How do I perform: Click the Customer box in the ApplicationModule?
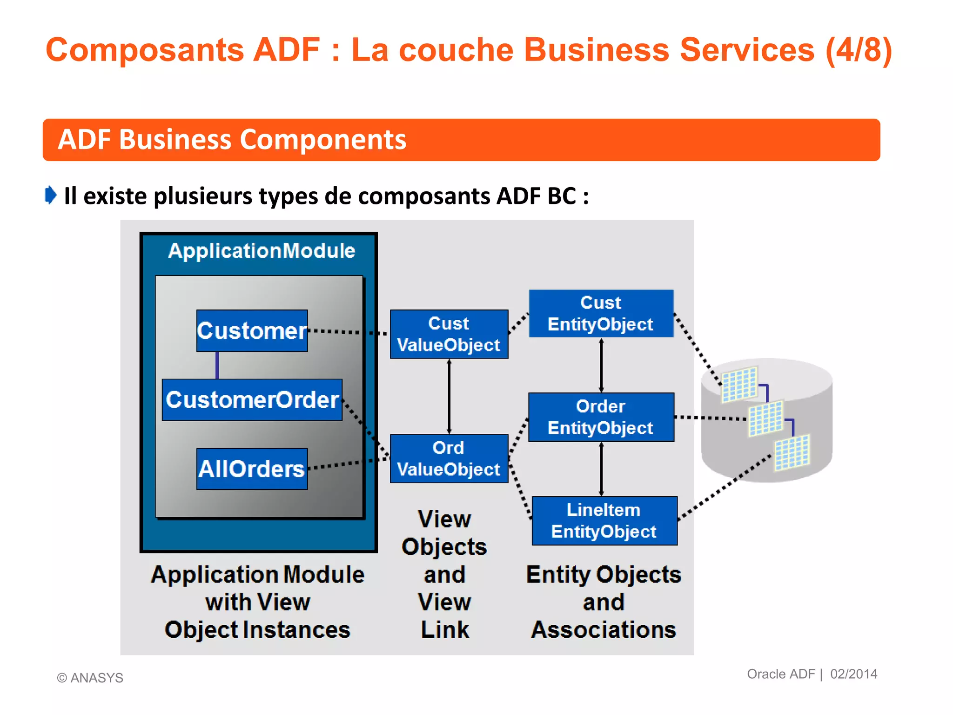(x=252, y=331)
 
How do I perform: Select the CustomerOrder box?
(x=252, y=400)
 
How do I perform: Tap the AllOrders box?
(x=252, y=469)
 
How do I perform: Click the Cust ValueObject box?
(x=449, y=334)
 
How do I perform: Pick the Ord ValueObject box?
(x=449, y=459)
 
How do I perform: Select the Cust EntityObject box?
(x=601, y=313)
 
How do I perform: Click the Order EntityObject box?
(x=601, y=417)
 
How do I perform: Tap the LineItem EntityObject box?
(x=604, y=521)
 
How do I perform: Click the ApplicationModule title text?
(x=262, y=251)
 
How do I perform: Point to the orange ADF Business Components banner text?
(x=232, y=140)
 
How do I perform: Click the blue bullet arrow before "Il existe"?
(x=51, y=195)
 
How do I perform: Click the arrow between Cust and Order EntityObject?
(x=601, y=365)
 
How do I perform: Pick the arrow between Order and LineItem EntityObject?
(x=601, y=469)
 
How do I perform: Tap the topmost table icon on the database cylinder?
(x=739, y=384)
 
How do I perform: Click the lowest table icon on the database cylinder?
(x=792, y=452)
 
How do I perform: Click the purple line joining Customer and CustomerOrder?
(x=217, y=365)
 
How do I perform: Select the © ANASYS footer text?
(x=90, y=678)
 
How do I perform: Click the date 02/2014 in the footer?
(x=853, y=674)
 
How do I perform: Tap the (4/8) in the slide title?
(x=859, y=50)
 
